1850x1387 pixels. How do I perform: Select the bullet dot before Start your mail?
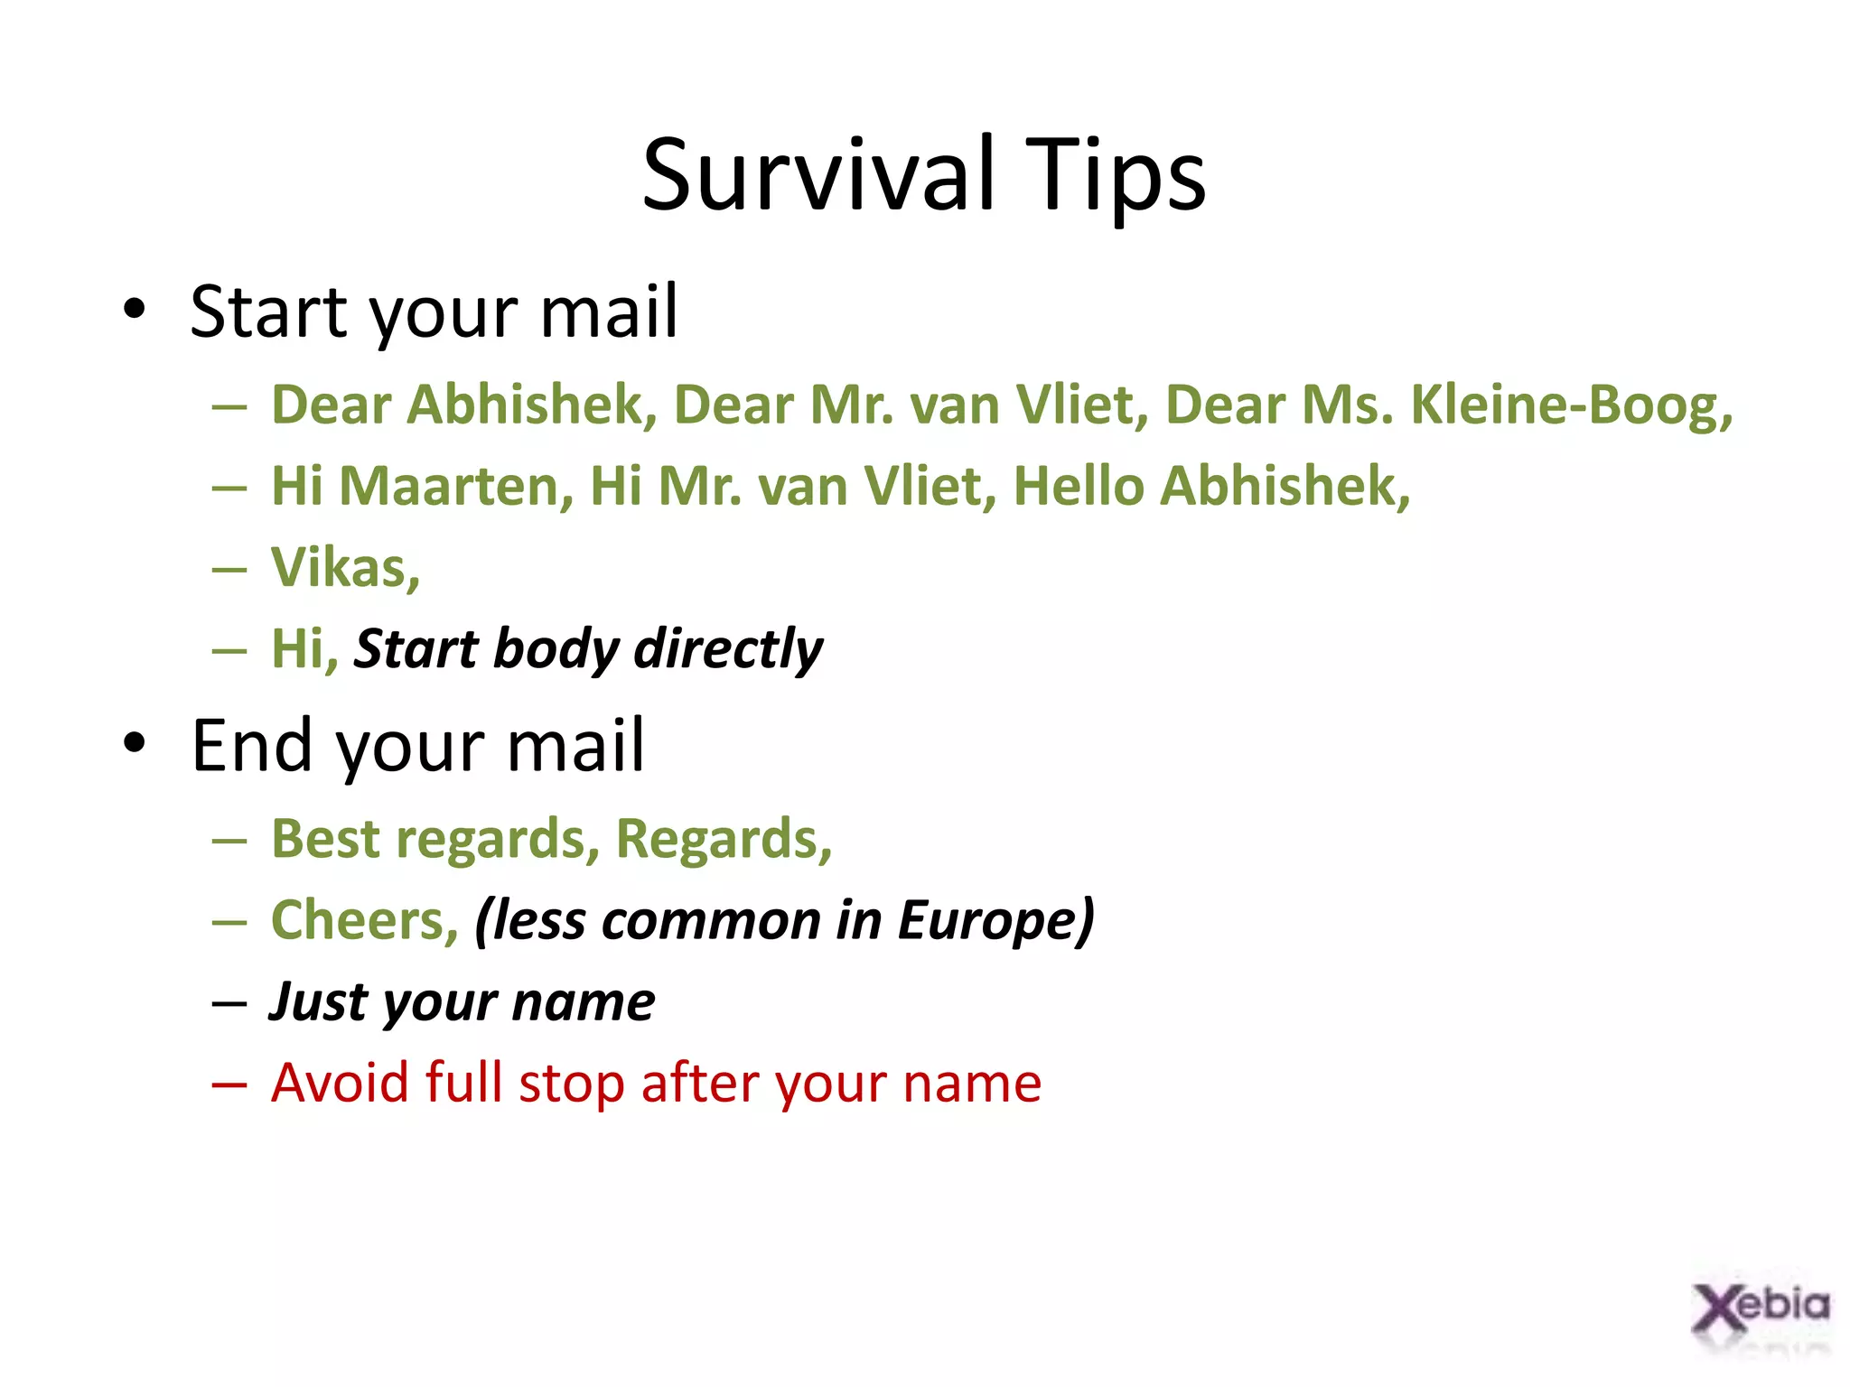pos(135,310)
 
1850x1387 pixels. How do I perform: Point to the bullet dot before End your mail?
pos(135,743)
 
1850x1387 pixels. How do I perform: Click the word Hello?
pos(1079,486)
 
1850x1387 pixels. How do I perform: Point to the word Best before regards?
pos(326,839)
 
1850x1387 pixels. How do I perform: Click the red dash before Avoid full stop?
pos(229,1084)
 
